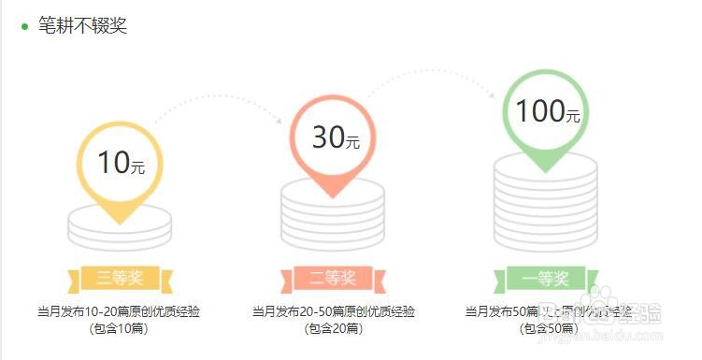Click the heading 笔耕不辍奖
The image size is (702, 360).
[82, 25]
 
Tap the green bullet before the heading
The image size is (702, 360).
[25, 26]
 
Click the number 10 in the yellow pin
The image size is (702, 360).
[113, 163]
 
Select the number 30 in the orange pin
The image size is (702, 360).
[328, 137]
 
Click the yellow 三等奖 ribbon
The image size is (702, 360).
[120, 278]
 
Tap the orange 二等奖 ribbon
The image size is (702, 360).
[333, 278]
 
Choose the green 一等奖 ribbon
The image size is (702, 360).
[546, 278]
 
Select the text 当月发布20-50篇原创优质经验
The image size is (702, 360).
[333, 310]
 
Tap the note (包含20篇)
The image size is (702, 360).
[333, 327]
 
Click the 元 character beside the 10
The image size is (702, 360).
[138, 168]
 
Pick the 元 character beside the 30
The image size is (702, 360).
[352, 143]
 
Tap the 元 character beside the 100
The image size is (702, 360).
[573, 116]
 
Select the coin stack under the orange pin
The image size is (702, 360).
[333, 215]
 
